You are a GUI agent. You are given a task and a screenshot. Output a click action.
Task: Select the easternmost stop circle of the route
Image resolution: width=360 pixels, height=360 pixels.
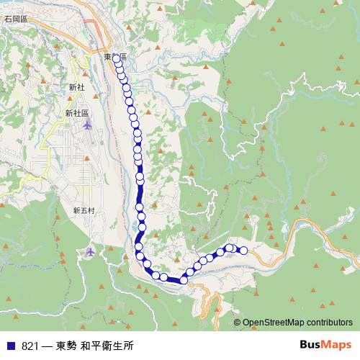point(243,251)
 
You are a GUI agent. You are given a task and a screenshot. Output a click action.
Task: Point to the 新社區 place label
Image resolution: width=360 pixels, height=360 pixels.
point(76,113)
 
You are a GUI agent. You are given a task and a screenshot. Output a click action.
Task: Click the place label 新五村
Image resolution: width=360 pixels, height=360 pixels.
point(84,210)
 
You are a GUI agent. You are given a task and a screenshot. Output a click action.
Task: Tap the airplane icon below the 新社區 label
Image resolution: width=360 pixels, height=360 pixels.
point(88,126)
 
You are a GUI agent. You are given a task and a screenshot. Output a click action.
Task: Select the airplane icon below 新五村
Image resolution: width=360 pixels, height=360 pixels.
point(90,252)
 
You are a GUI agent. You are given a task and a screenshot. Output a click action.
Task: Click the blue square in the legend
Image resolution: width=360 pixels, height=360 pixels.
point(11,346)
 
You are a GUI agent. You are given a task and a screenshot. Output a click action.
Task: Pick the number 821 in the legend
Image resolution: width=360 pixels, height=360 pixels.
point(30,346)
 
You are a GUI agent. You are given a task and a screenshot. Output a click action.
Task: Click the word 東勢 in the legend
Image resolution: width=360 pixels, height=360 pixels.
point(64,346)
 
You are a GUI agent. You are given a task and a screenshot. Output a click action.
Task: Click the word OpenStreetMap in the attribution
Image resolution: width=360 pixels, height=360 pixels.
point(273,322)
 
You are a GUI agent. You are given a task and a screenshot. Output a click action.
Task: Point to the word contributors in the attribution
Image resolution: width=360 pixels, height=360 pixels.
point(329,322)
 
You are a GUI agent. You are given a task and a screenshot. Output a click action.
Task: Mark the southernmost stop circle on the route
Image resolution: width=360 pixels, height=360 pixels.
point(184,279)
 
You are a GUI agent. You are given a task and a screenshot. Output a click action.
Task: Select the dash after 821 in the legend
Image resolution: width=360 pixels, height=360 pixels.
point(46,346)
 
